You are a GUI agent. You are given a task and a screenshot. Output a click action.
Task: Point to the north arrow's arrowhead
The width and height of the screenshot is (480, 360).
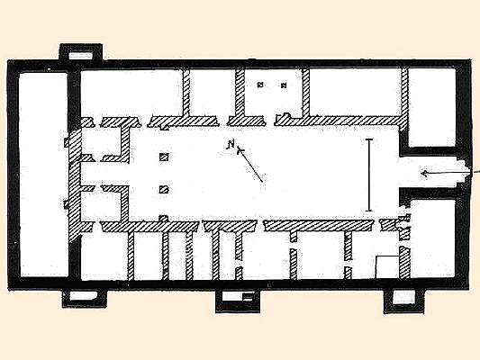point(240,150)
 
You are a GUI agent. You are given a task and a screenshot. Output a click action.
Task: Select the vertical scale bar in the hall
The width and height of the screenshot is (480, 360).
point(369,175)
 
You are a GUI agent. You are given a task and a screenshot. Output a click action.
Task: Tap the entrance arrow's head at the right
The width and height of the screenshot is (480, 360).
point(424,174)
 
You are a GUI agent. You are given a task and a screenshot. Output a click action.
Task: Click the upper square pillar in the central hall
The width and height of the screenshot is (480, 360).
point(165,157)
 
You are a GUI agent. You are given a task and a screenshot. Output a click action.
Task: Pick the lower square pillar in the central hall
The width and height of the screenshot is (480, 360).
point(165,190)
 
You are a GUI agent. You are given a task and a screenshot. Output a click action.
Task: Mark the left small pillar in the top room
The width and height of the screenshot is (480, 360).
point(260,85)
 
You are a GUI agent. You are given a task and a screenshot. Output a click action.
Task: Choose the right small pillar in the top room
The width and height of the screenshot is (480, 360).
point(285,85)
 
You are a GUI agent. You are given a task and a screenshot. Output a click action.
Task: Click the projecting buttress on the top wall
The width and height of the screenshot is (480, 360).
point(81,52)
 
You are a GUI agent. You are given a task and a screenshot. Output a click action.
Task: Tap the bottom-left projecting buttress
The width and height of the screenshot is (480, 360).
point(85,298)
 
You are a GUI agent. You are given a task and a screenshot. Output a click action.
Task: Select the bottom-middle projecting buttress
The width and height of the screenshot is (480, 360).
point(238,301)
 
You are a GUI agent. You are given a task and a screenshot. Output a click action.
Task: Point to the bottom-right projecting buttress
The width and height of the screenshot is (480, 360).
point(403,301)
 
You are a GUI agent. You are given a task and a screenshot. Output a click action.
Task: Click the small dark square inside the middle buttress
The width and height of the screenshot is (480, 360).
point(248,296)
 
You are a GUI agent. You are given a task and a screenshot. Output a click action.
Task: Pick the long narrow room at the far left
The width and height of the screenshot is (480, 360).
point(43,175)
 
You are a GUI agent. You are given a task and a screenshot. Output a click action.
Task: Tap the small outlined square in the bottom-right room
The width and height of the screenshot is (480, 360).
point(387,266)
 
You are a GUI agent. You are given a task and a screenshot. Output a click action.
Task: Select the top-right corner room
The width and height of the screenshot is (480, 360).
point(431,107)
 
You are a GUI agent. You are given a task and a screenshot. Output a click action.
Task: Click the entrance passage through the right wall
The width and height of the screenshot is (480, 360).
point(435,174)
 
